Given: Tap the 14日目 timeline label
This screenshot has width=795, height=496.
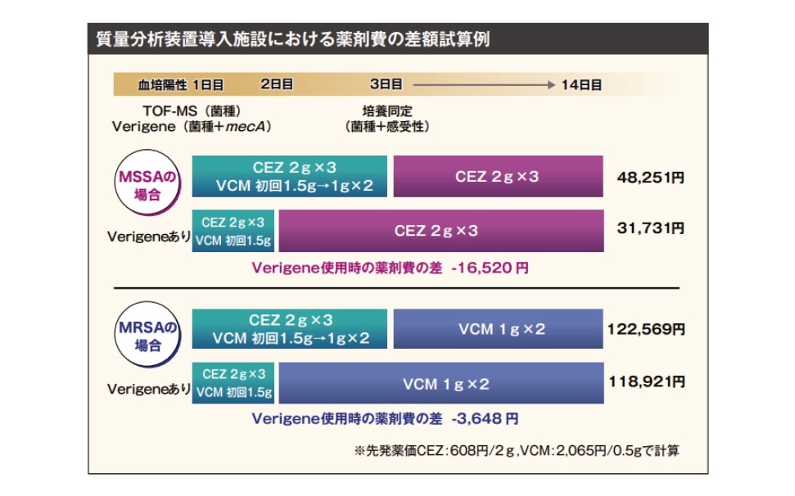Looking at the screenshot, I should [x=581, y=84].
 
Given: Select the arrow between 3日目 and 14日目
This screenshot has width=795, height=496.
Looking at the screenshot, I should [x=483, y=84].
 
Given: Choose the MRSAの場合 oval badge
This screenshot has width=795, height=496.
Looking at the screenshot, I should [x=148, y=334].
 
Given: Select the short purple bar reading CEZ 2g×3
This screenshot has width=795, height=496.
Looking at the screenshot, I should [x=498, y=177].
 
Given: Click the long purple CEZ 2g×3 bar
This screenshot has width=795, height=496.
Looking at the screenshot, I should [x=440, y=231].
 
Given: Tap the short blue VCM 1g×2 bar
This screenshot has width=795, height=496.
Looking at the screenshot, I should [x=498, y=330].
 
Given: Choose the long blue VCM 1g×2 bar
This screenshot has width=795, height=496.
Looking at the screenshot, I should [x=440, y=383].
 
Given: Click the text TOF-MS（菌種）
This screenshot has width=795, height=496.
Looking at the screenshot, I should [x=191, y=110].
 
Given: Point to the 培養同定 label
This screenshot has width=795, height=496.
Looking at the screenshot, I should [x=386, y=110].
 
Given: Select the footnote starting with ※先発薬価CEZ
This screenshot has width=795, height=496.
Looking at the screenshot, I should [x=517, y=450].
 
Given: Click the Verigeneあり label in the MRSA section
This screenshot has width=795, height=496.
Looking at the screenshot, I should [x=148, y=390].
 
